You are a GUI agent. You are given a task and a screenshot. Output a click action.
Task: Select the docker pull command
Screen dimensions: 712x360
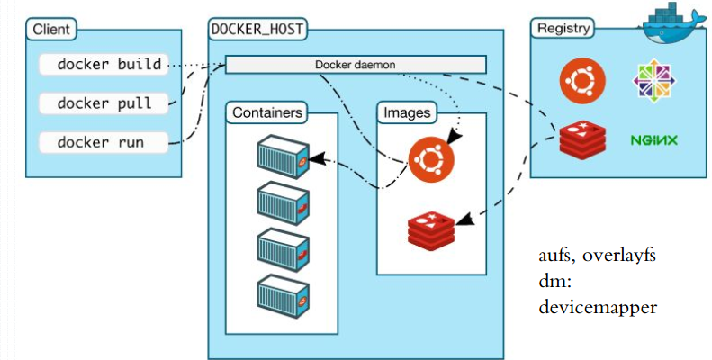click(x=104, y=103)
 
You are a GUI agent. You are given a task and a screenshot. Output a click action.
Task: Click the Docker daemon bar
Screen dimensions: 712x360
click(x=356, y=65)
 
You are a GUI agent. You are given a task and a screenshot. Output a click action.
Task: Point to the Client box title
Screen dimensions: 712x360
click(x=51, y=30)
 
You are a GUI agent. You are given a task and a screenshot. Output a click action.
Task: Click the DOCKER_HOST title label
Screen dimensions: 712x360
click(x=257, y=30)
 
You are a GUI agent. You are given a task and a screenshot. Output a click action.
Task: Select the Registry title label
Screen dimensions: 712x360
click(x=563, y=29)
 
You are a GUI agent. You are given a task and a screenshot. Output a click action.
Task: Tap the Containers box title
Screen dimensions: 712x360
click(x=267, y=112)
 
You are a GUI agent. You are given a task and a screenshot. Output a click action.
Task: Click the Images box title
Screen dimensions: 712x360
click(x=407, y=112)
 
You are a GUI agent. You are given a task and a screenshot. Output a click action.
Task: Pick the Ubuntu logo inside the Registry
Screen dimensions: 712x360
click(x=582, y=82)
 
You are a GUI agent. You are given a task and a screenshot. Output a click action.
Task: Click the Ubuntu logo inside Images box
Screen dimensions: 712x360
click(x=431, y=158)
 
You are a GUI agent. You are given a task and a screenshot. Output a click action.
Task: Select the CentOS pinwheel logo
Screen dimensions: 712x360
click(x=653, y=81)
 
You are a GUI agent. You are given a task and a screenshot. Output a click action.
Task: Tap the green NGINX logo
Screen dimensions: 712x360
click(x=653, y=139)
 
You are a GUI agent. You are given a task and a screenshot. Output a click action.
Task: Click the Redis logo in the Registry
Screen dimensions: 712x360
click(x=582, y=139)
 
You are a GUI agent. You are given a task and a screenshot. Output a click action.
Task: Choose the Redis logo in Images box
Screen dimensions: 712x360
click(x=431, y=230)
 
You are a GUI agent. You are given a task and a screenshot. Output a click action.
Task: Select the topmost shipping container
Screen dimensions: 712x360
click(x=283, y=157)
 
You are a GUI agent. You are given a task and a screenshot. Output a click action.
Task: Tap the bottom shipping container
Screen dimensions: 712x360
click(x=283, y=297)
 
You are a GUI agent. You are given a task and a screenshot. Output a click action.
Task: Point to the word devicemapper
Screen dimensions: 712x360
click(x=598, y=307)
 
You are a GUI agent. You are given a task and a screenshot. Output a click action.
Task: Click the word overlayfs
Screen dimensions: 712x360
click(x=619, y=256)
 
